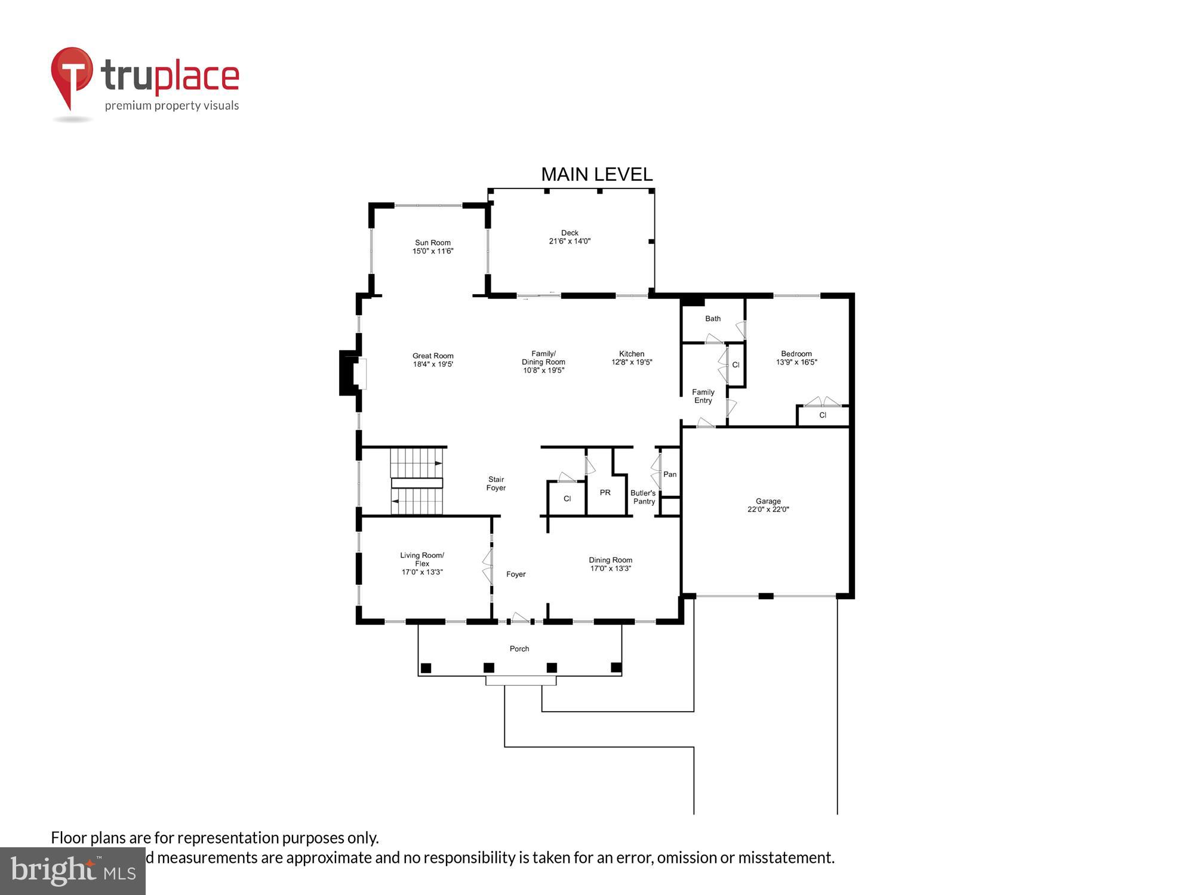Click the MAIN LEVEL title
(x=596, y=174)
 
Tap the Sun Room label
(x=433, y=243)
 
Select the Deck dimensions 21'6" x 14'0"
(x=570, y=242)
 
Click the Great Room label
(x=433, y=356)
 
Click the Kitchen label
(x=632, y=354)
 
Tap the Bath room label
(x=713, y=319)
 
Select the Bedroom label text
(x=796, y=354)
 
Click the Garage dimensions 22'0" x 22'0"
(x=768, y=510)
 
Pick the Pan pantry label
(x=670, y=474)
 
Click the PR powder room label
(x=605, y=492)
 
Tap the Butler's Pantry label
(x=644, y=497)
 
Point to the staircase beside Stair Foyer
(x=417, y=481)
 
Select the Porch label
(x=519, y=649)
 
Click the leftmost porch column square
(x=426, y=668)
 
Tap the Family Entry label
(x=703, y=396)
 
